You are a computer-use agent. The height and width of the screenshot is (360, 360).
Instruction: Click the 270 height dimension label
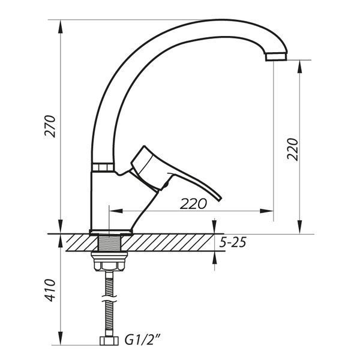[50, 126]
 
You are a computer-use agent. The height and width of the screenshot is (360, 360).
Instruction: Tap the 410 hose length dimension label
[50, 290]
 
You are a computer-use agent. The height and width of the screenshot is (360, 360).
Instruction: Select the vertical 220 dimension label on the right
[292, 149]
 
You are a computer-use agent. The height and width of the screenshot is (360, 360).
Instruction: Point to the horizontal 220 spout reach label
[193, 203]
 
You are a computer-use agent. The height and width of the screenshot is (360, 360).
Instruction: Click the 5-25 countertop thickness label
[233, 242]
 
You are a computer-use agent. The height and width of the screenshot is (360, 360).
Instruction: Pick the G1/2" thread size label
[142, 340]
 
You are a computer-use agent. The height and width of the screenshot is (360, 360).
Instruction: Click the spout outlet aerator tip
[276, 56]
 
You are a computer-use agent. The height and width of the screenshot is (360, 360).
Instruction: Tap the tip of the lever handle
[220, 199]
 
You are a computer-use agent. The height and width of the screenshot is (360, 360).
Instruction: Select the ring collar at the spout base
[103, 167]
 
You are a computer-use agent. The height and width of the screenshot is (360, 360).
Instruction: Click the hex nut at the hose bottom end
[109, 341]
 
